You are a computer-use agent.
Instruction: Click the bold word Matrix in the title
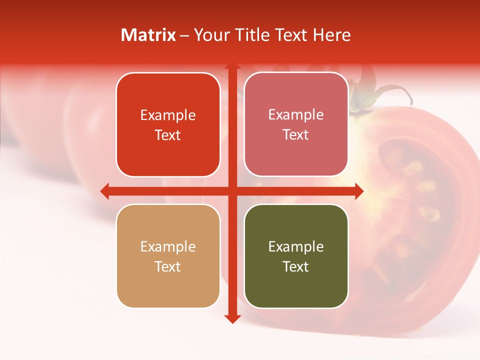pos(148,35)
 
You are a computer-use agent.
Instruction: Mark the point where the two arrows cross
pos(232,191)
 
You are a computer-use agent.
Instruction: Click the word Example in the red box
pos(168,115)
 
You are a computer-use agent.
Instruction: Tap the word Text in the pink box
pos(296,135)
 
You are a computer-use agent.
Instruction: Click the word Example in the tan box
pos(168,247)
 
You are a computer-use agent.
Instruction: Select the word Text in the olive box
pos(296,266)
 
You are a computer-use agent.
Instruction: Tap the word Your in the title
pos(210,35)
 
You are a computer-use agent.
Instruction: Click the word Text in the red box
pos(168,135)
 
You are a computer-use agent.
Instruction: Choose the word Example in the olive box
pos(296,247)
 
